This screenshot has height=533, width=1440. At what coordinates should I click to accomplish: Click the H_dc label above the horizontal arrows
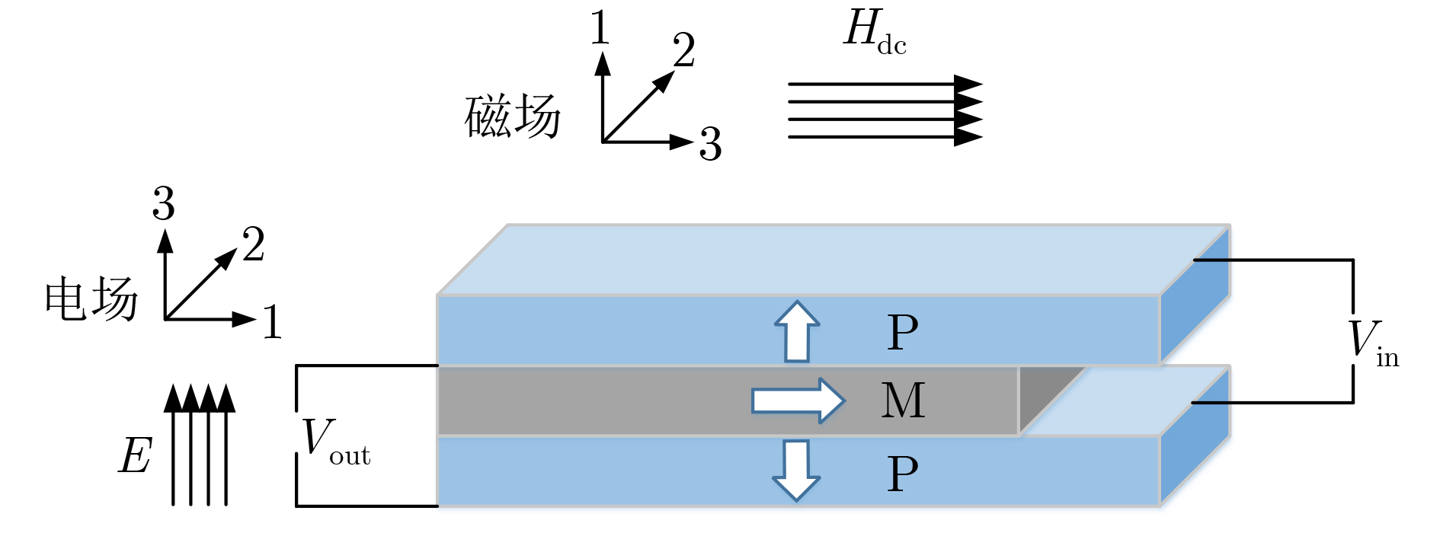(x=875, y=32)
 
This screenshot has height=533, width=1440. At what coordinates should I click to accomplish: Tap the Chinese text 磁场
(x=513, y=116)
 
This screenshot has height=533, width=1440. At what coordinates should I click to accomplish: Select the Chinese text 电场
(x=91, y=298)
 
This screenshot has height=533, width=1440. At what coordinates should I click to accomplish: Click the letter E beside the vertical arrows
(x=136, y=456)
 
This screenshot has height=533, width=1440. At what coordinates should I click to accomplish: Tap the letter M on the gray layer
(x=903, y=401)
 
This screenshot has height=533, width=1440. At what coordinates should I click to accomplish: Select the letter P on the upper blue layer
(x=903, y=332)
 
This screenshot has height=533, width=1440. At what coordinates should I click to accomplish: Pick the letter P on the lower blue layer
(x=903, y=474)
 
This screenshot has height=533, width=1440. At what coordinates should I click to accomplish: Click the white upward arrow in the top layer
(x=797, y=332)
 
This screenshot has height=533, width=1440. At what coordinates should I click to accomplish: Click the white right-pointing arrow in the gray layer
(x=798, y=401)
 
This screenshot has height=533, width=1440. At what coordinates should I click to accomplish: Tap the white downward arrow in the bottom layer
(x=796, y=471)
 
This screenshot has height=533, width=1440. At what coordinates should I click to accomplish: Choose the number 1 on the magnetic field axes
(x=600, y=28)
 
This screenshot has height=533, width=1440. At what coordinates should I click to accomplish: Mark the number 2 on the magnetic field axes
(x=683, y=50)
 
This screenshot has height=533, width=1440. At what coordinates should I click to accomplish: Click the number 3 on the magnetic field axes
(x=710, y=143)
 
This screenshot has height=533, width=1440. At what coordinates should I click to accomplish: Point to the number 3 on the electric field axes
(x=163, y=204)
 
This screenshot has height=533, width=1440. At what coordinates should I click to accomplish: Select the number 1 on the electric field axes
(x=272, y=321)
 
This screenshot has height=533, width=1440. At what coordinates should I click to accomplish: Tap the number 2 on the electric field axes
(x=254, y=244)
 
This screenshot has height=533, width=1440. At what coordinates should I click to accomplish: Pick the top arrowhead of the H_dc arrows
(x=968, y=84)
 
